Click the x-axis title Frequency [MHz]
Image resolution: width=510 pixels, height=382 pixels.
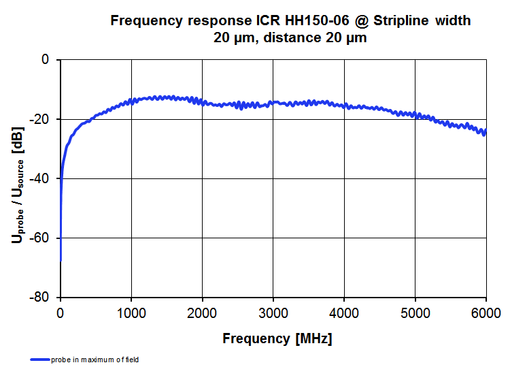tap(277, 338)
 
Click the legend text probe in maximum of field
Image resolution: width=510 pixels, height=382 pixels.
tap(95, 360)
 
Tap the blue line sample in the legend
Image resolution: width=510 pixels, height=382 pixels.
tap(39, 360)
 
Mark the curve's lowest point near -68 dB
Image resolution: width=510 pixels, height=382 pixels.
tap(61, 260)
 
